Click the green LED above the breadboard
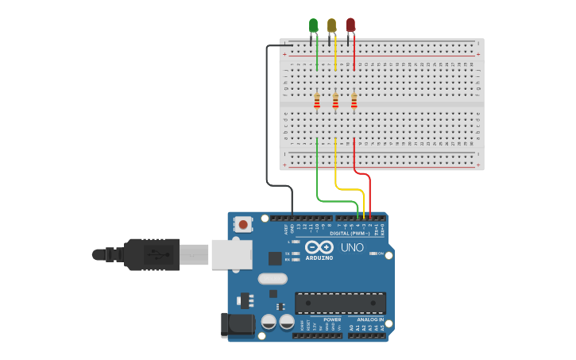coord(313,25)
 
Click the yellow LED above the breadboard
coord(331,25)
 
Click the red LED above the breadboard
coord(350,25)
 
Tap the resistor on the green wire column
coord(317,101)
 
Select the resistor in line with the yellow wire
coord(335,101)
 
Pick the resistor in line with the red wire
coord(354,101)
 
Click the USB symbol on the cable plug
coord(157,255)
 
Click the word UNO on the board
coord(352,248)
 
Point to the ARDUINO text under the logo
coord(319,258)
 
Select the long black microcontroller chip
coord(340,303)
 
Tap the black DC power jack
coord(237,324)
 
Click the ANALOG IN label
coord(365,319)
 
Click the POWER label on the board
coord(332,319)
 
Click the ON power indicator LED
coord(373,254)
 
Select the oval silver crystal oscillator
coord(272,278)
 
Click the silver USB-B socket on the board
coord(231,254)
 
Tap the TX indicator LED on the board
coord(296,254)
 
